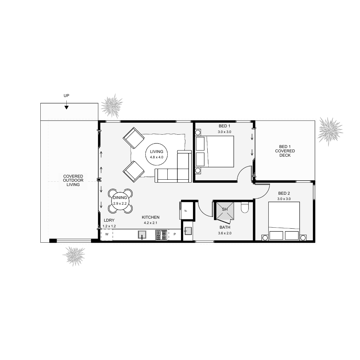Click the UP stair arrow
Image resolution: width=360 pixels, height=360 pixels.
pos(66,107)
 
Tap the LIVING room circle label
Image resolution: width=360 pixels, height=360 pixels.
pos(156,154)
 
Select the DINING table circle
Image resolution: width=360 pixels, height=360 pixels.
pos(120,200)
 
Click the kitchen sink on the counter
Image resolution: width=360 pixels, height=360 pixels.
pos(142,235)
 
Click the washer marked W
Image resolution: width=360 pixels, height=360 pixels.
pos(107,234)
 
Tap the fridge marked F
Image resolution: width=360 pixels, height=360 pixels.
pos(186,210)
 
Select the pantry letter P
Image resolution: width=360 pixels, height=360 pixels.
pos(175,234)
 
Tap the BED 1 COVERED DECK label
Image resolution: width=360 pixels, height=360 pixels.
pos(285,151)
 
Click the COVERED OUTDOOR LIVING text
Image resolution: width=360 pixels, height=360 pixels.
pos(73,180)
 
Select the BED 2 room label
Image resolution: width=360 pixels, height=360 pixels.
pos(284,193)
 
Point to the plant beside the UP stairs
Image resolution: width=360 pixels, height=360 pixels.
pos(112,106)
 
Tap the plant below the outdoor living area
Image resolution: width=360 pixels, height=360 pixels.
pos(74,256)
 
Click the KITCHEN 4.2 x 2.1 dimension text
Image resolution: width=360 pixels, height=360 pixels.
pos(152,223)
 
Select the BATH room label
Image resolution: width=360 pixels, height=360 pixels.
pos(225,227)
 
